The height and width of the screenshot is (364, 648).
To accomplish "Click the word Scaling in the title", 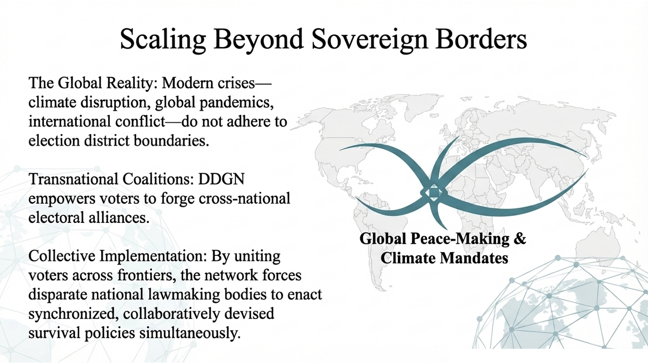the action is coord(163,39).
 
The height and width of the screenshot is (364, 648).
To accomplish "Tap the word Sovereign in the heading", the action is coord(370,39).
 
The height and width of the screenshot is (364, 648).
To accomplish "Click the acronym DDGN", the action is coord(221,179).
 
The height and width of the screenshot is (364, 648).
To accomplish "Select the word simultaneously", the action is coord(190,333).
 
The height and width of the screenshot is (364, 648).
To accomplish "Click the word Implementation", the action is coord(153,256).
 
